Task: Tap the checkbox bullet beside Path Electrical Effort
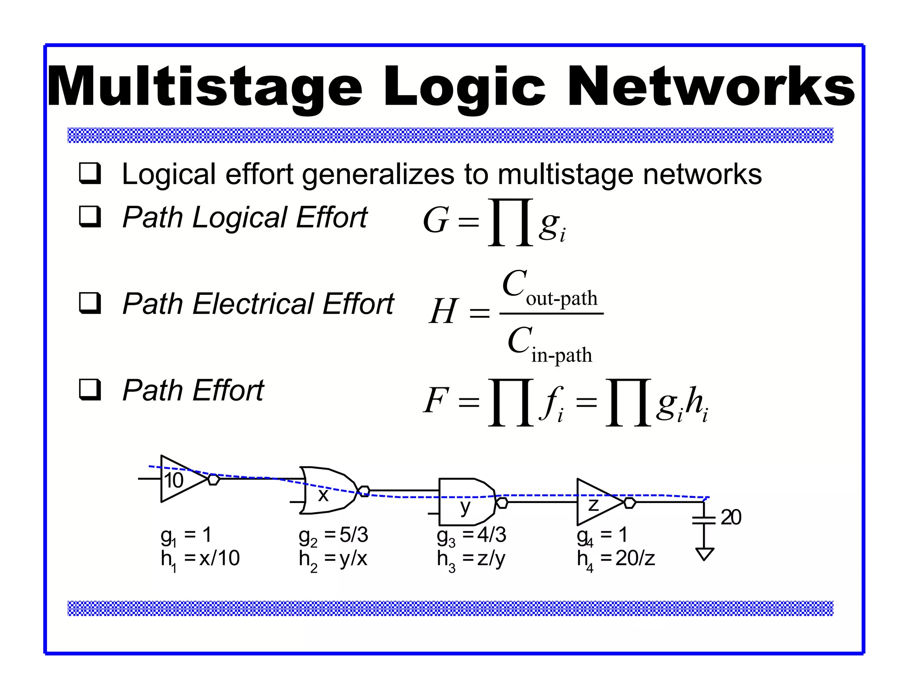[x=90, y=303]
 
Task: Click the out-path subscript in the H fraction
[x=561, y=299]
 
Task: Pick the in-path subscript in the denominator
[x=561, y=355]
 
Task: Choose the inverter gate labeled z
[x=598, y=502]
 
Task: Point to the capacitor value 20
[x=730, y=517]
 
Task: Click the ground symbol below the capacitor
[x=704, y=553]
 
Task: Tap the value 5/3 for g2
[x=354, y=535]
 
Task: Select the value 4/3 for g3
[x=492, y=535]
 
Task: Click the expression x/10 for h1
[x=219, y=558]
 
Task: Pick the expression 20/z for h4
[x=635, y=558]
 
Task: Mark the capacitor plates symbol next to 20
[x=704, y=520]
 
